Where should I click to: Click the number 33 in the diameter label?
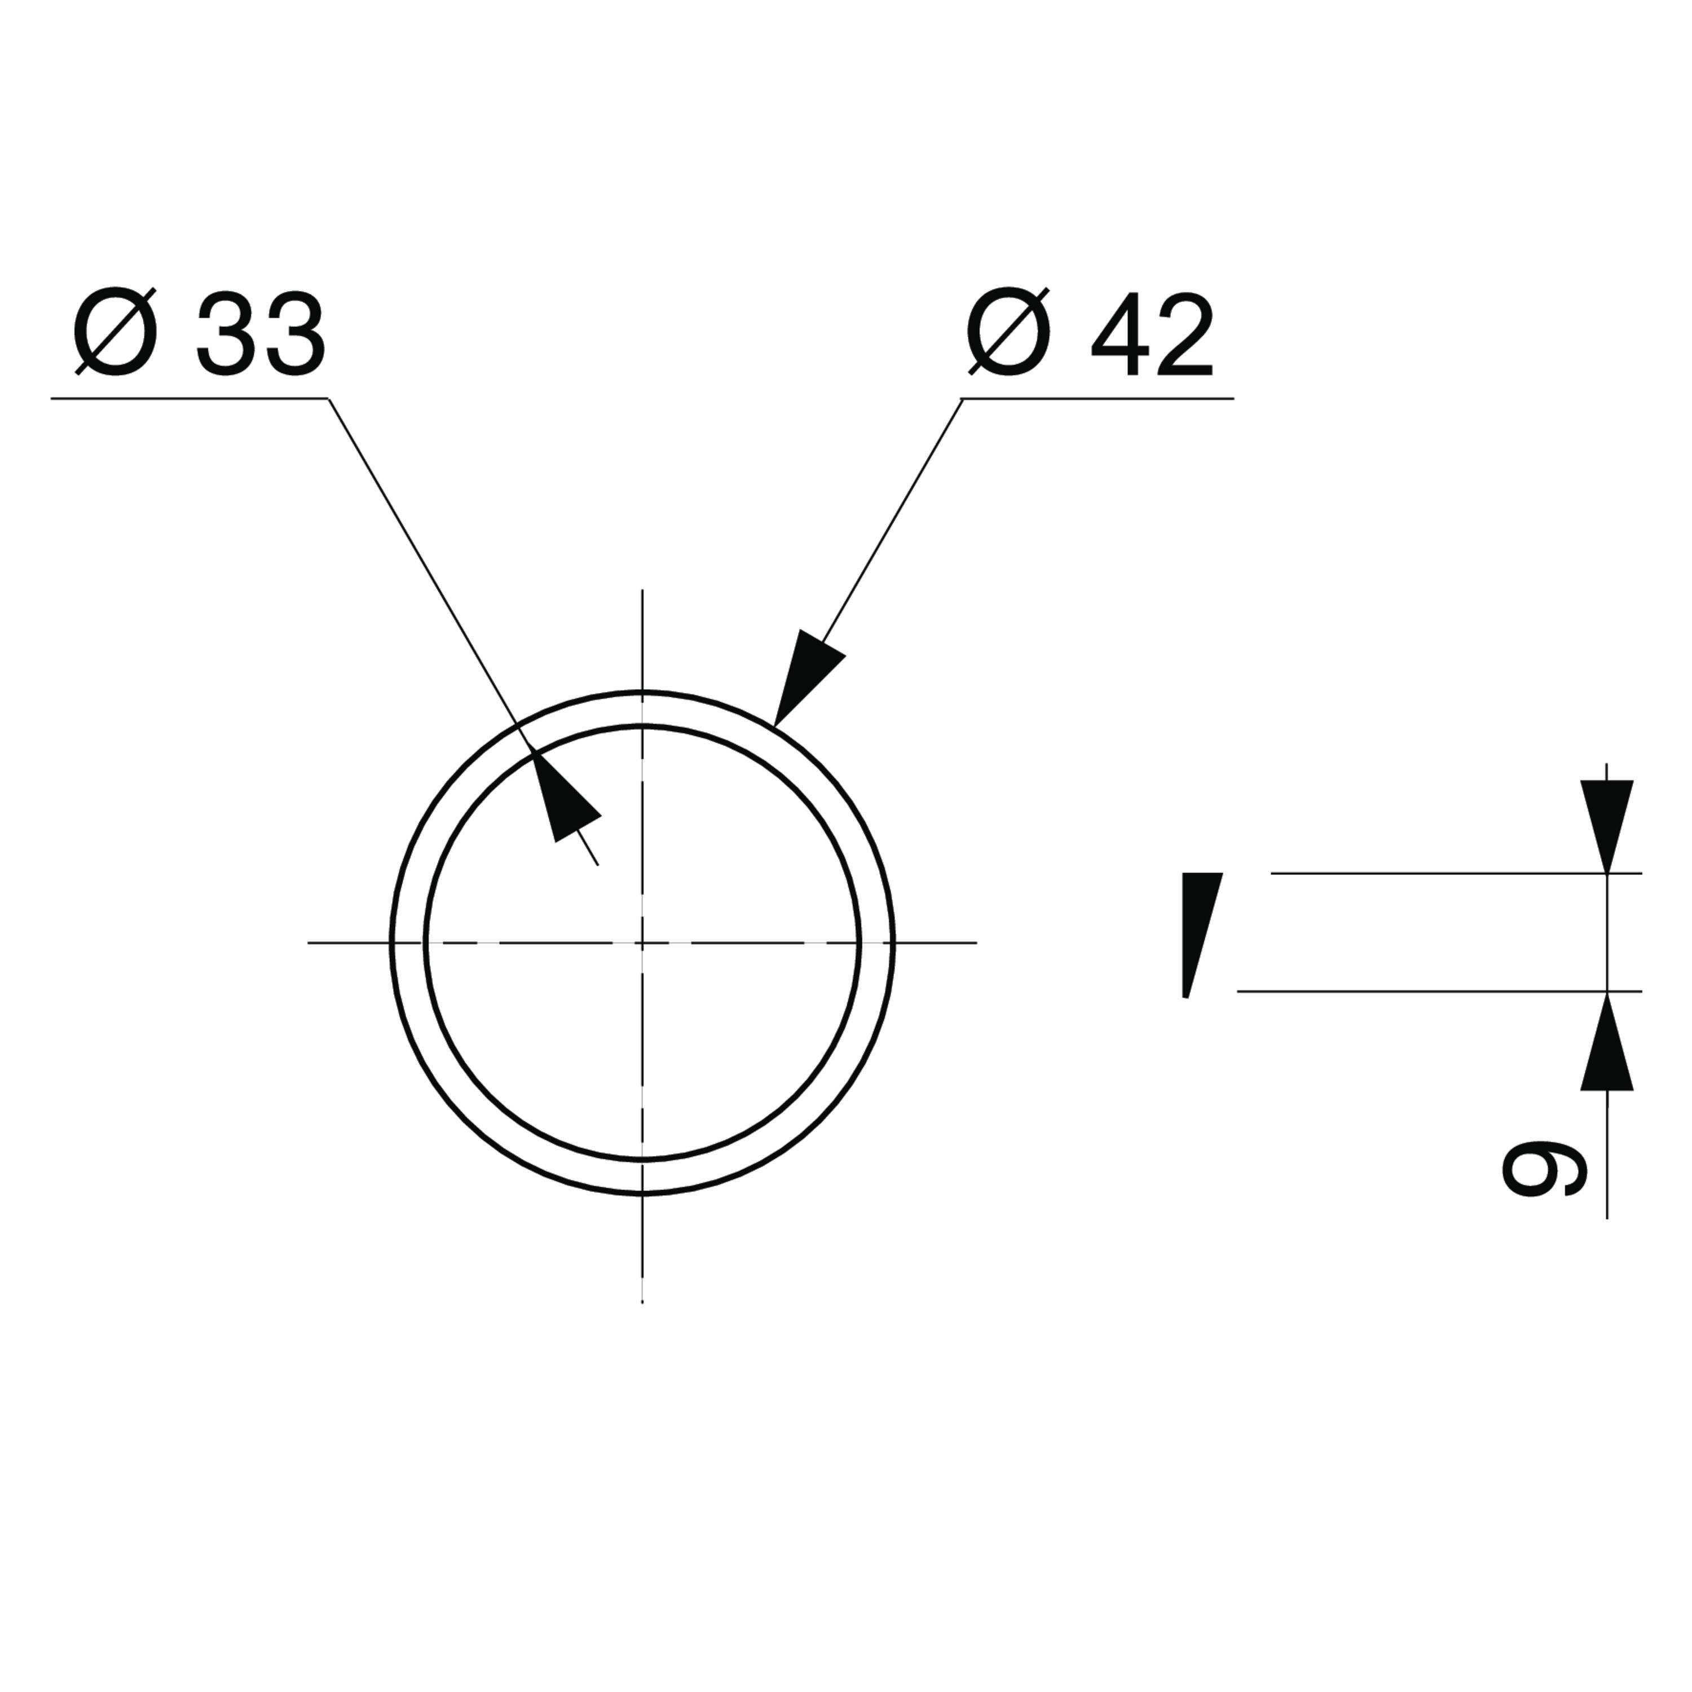click(x=262, y=334)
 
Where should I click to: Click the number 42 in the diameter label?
click(x=1152, y=334)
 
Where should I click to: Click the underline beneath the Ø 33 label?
click(x=189, y=399)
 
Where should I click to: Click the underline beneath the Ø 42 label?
click(x=1098, y=399)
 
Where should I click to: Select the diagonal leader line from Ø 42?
click(x=869, y=561)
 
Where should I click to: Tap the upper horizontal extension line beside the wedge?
click(x=1456, y=873)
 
